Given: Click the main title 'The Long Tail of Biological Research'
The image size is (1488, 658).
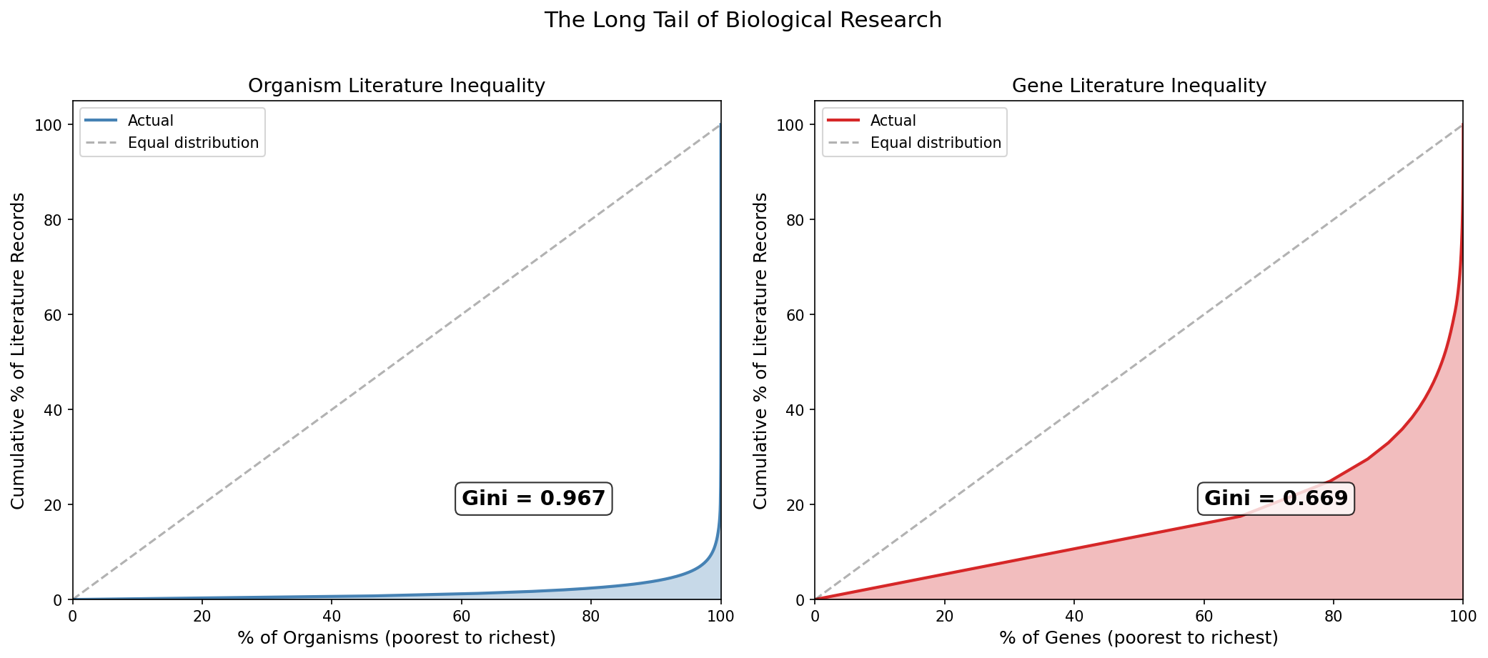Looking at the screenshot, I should tap(743, 20).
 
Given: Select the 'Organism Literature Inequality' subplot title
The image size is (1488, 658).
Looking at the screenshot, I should tap(396, 86).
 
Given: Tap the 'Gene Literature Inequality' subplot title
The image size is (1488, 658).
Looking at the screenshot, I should tap(1139, 86).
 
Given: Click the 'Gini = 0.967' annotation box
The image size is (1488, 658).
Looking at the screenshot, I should tap(533, 499).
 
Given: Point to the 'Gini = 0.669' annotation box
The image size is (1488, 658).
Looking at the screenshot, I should tap(1276, 499).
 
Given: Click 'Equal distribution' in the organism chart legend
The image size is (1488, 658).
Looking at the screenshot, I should tap(193, 143).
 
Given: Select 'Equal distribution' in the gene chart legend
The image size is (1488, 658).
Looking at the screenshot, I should tap(936, 143).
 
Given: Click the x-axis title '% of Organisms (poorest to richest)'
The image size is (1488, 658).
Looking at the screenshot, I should tap(396, 638).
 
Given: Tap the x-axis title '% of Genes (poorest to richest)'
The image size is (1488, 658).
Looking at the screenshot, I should tap(1139, 638).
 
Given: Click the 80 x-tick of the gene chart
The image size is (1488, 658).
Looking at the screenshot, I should tap(1333, 615).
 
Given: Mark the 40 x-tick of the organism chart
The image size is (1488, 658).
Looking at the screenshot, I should tap(332, 615).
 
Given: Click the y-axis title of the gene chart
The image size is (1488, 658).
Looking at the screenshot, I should tap(760, 350).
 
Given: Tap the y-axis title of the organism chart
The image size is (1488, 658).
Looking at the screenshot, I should tap(18, 350).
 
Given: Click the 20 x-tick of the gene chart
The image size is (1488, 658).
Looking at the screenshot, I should tap(944, 615).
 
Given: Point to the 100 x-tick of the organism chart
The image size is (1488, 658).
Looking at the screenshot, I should tap(720, 615).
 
